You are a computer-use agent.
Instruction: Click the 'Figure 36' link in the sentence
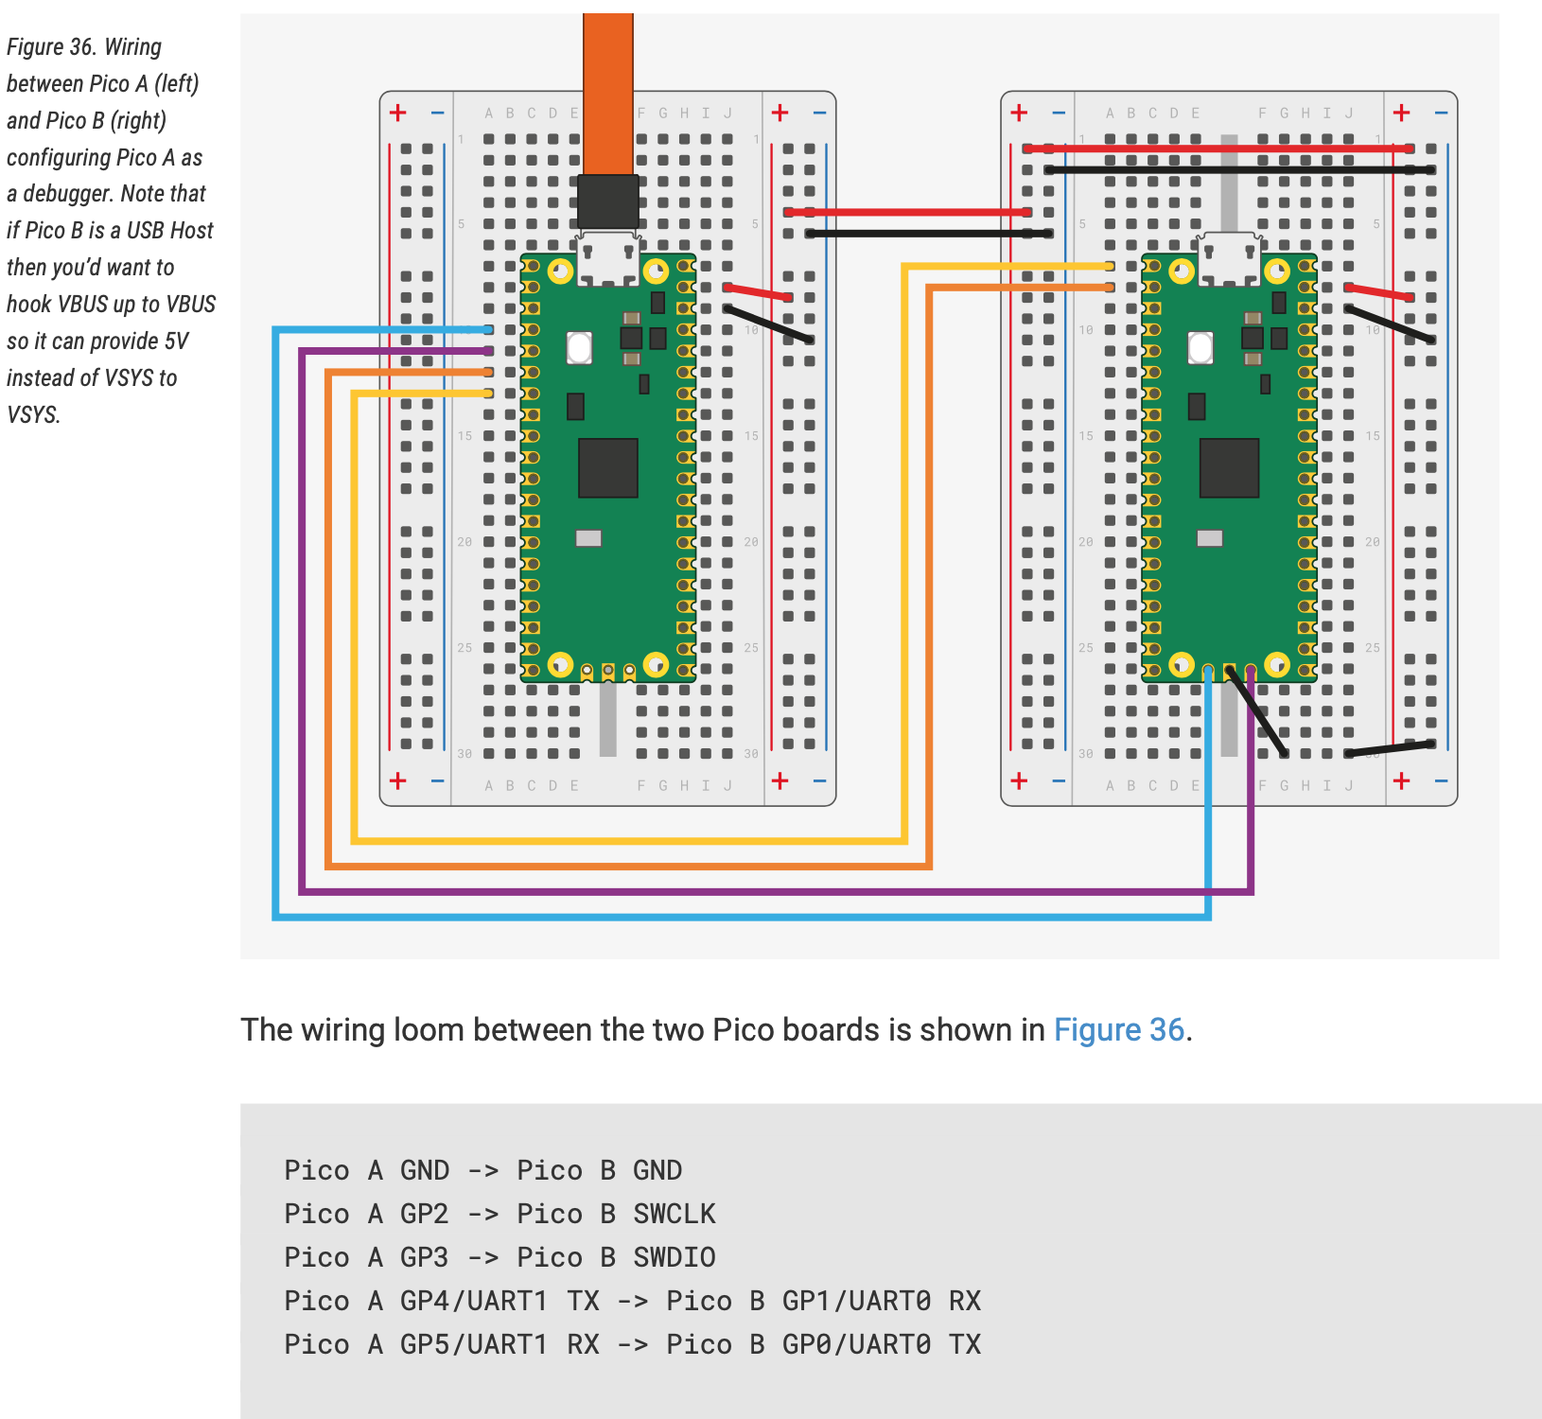click(x=1118, y=1029)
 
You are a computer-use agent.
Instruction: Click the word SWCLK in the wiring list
click(x=674, y=1214)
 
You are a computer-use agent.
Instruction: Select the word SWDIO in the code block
click(x=674, y=1257)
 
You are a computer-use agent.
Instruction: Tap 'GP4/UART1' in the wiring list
click(x=473, y=1301)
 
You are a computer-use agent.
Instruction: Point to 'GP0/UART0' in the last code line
click(x=856, y=1344)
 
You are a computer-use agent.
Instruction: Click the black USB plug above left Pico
click(x=608, y=201)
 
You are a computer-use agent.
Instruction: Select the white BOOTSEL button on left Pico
click(x=579, y=347)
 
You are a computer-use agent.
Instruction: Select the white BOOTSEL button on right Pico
click(x=1200, y=347)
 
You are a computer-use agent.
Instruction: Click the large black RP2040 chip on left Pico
click(x=608, y=467)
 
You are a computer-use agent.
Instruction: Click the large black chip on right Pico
click(x=1229, y=467)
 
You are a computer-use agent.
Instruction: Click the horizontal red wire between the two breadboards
click(x=908, y=212)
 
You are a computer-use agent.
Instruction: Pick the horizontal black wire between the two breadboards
click(x=927, y=233)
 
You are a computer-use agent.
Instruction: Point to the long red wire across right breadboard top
click(x=1220, y=149)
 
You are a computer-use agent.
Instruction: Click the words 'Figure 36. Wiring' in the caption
click(x=84, y=46)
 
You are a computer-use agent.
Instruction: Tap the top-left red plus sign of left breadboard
click(x=398, y=113)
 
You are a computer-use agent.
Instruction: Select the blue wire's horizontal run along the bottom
click(x=738, y=917)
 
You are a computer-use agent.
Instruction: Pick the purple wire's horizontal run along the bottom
click(x=757, y=891)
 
